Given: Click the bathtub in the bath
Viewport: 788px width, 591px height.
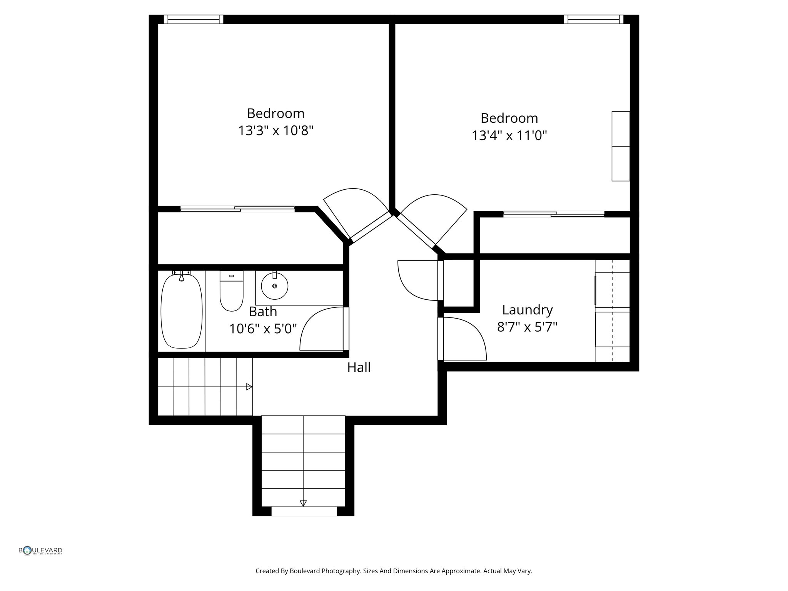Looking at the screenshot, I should point(181,311).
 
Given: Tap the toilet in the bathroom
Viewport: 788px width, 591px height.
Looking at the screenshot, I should point(231,292).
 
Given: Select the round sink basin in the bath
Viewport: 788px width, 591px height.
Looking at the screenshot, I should point(274,286).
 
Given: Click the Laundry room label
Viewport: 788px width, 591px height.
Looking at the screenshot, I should point(527,310).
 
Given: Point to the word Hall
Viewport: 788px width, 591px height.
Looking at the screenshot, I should point(359,367).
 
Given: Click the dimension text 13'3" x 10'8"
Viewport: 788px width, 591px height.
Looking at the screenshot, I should point(275,131).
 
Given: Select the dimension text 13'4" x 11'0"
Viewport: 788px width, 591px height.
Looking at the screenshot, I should point(509,135).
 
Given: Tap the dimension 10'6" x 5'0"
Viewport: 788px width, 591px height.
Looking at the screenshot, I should point(263,329).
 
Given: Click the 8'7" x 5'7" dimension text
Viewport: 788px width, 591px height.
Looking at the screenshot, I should point(527,327).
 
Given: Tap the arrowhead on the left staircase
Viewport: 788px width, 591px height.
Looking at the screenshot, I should point(249,387).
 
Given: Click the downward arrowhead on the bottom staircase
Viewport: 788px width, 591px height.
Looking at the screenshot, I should point(303,503).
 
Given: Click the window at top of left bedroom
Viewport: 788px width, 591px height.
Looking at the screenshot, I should point(193,19).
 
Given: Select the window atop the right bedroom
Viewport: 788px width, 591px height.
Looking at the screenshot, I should point(593,19).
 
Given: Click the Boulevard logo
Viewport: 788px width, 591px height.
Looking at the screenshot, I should point(40,551).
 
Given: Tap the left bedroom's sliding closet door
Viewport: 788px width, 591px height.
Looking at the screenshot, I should point(237,209).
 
